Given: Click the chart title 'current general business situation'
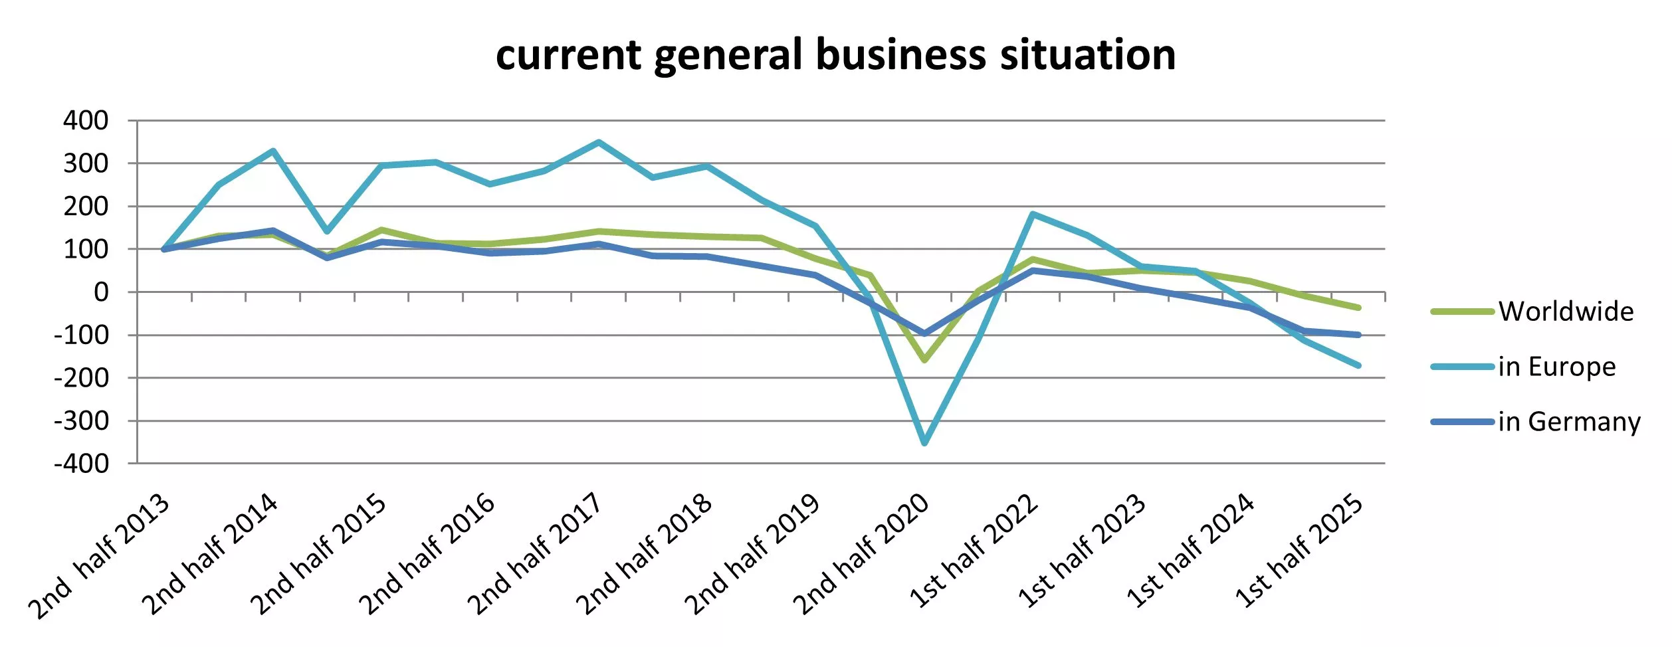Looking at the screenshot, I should click(x=835, y=54).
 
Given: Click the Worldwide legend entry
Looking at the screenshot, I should click(x=1565, y=312).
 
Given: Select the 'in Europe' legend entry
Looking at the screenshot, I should click(x=1556, y=367).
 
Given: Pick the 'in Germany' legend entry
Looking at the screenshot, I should click(x=1568, y=422).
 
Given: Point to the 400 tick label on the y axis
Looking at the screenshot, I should click(x=86, y=121).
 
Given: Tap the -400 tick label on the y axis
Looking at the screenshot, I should click(x=81, y=464).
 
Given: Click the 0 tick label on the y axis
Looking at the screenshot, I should click(x=101, y=292).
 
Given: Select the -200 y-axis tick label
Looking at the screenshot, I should click(x=81, y=378).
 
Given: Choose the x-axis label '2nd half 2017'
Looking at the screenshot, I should click(x=535, y=555).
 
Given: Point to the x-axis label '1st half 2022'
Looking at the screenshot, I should click(x=974, y=551).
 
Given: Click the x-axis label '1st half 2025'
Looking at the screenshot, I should click(x=1299, y=551).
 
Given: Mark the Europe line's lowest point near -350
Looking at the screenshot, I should click(x=924, y=442).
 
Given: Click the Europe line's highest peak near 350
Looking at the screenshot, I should click(x=599, y=142).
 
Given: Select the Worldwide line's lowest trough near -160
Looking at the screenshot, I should click(x=924, y=360).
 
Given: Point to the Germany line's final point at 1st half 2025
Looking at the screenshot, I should click(x=1358, y=335).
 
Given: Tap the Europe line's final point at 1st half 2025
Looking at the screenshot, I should click(x=1358, y=365).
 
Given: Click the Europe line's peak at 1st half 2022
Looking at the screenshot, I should click(x=1033, y=214).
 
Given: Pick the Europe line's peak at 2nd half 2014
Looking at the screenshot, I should click(x=273, y=151).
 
